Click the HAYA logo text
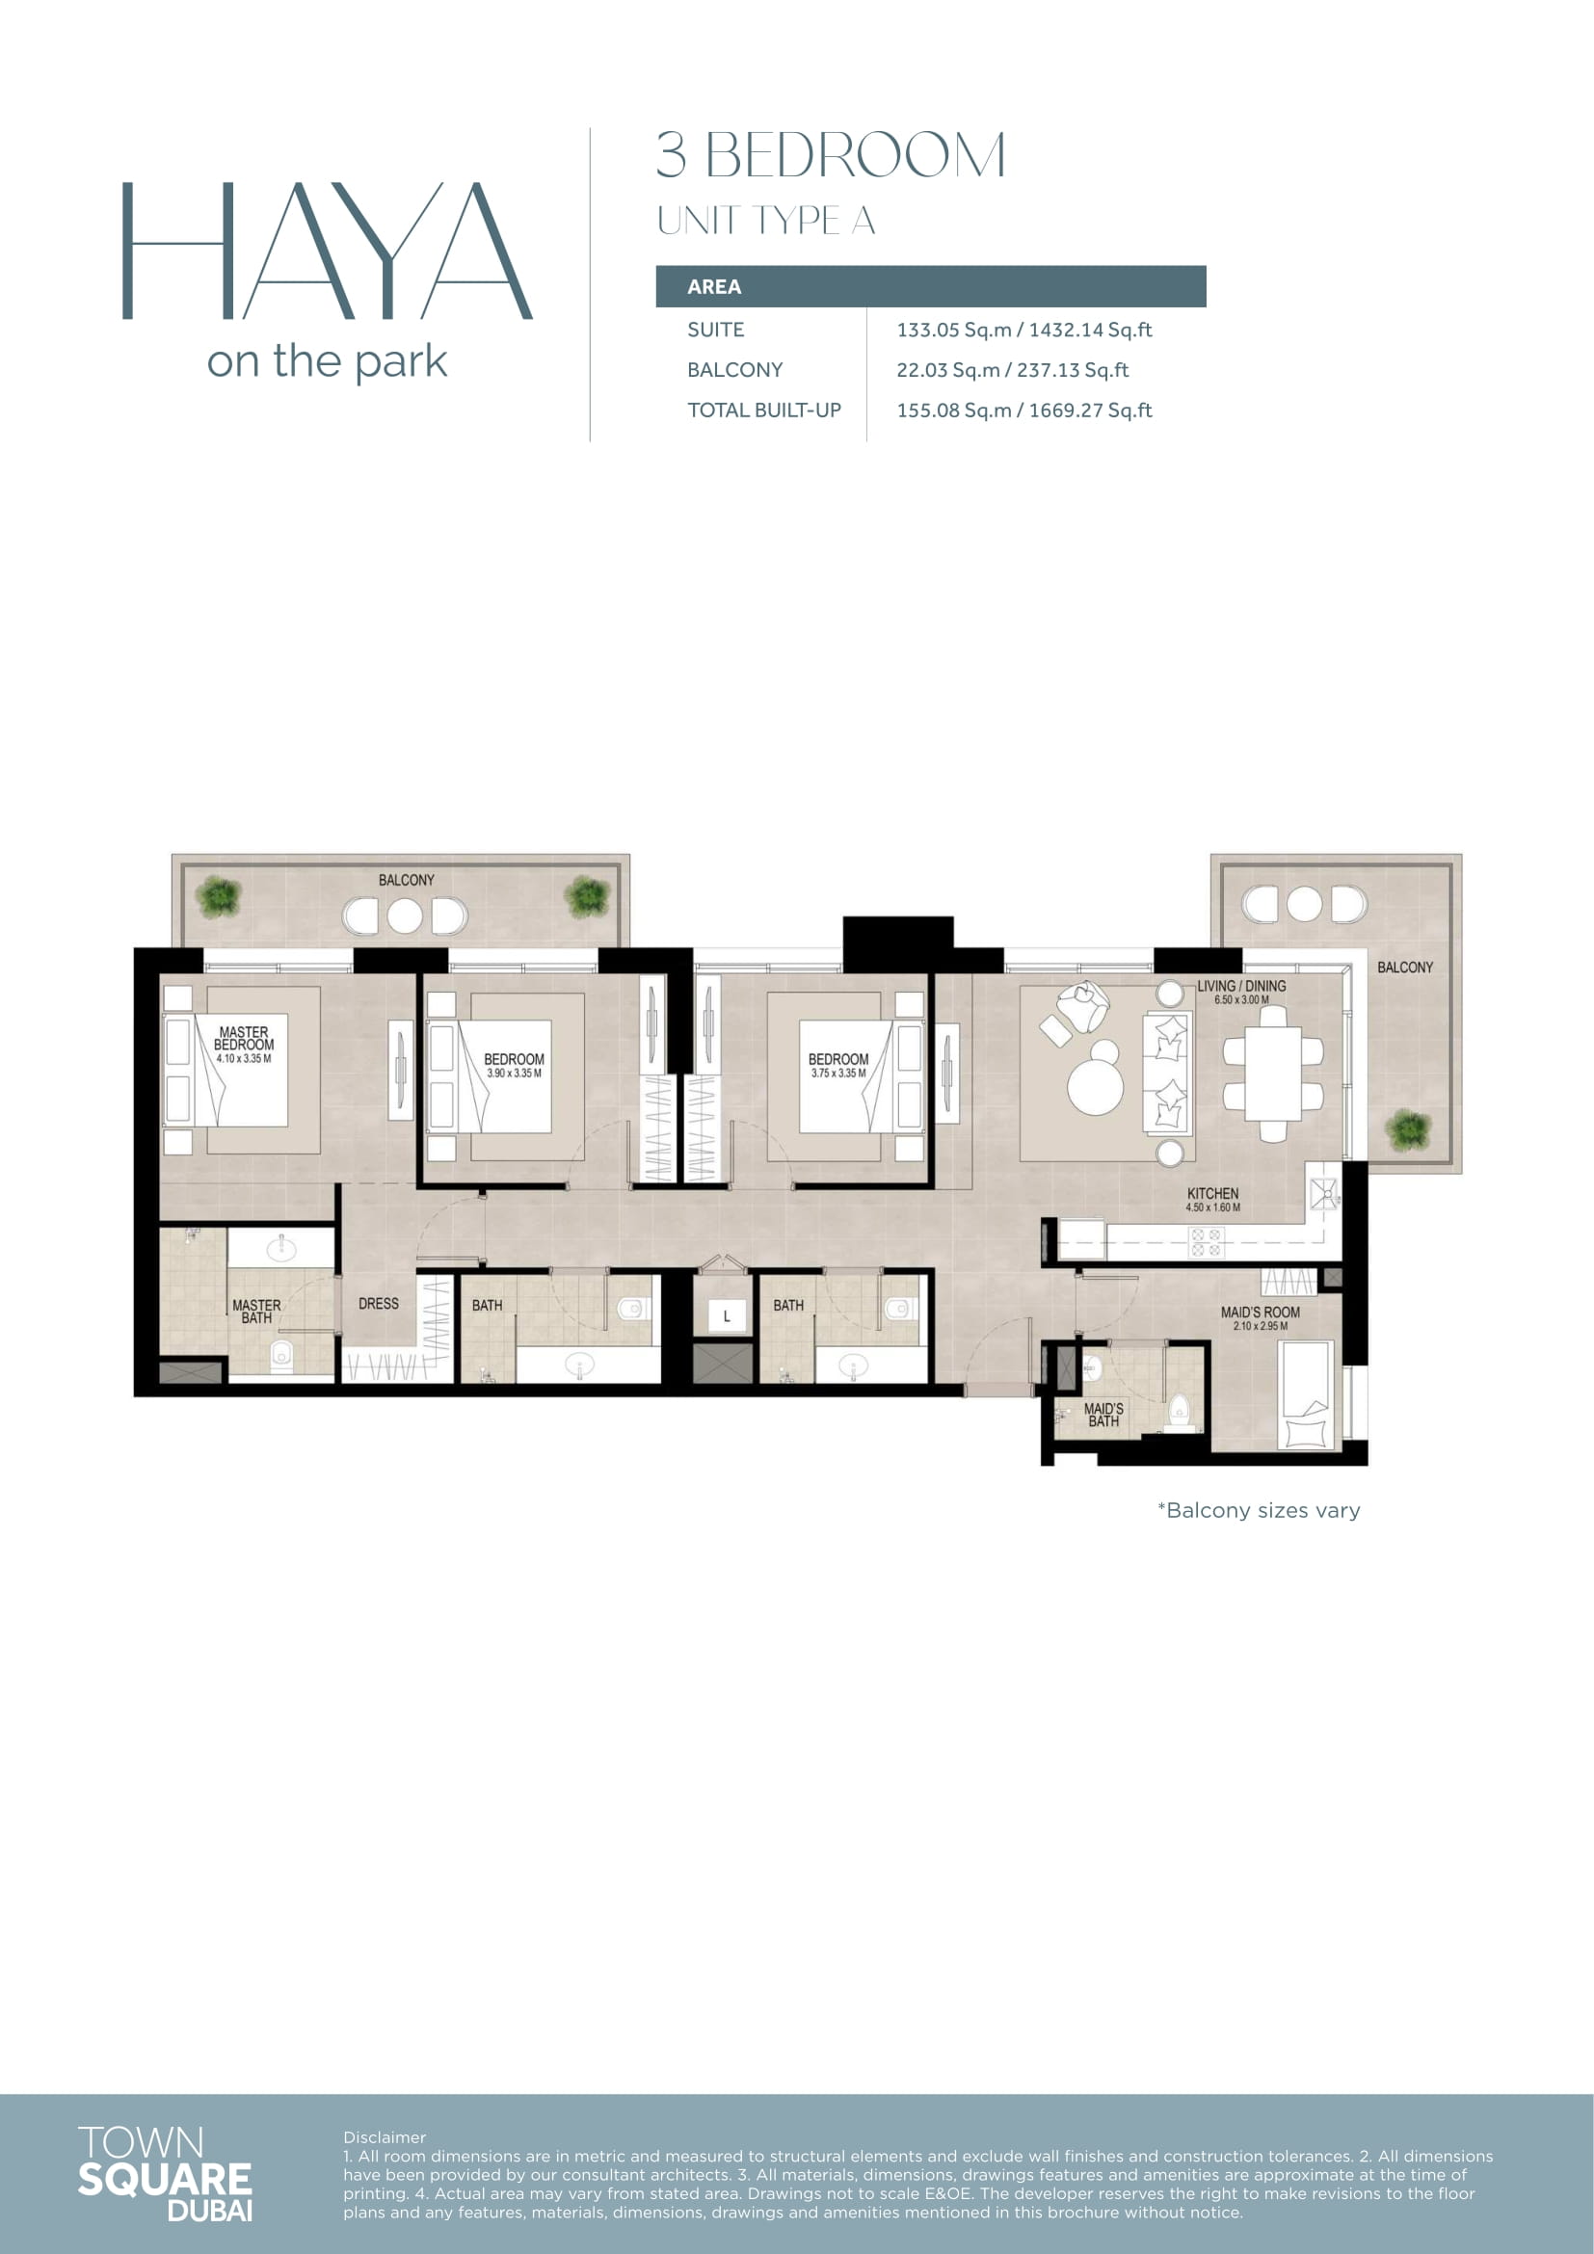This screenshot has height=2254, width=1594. [327, 251]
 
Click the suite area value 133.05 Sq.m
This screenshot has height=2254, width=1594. [953, 330]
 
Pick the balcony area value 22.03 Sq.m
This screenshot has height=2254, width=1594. [948, 370]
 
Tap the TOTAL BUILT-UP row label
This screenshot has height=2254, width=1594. [763, 411]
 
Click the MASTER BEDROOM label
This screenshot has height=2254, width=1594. [244, 1039]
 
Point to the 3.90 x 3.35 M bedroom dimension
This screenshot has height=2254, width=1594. [515, 1073]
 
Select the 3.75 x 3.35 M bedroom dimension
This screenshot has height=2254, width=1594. [838, 1073]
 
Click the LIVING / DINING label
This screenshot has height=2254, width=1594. [1240, 986]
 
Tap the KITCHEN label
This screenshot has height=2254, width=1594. [1212, 1194]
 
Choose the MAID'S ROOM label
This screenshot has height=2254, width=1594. [1261, 1313]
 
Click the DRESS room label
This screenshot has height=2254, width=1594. [379, 1304]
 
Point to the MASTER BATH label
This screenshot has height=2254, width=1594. [256, 1312]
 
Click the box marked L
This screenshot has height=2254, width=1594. [727, 1316]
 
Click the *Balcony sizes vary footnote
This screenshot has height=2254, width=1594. [1260, 1510]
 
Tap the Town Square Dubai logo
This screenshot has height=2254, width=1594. [165, 2174]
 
